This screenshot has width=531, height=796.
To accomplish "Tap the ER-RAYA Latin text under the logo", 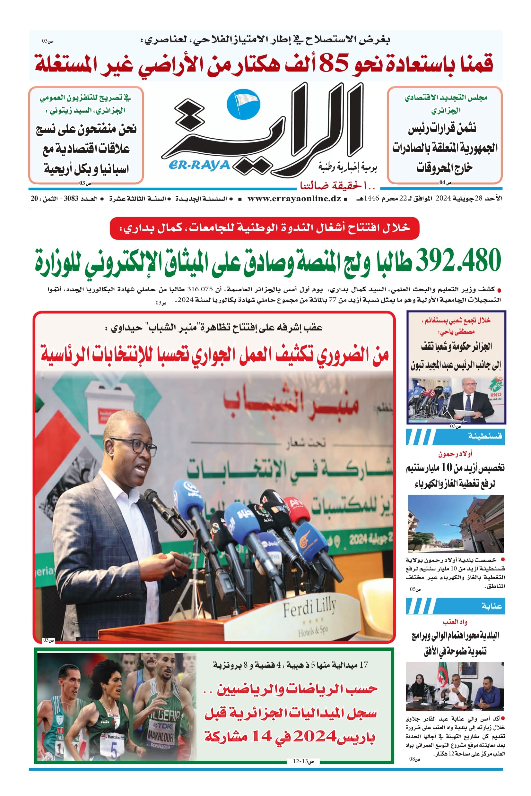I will click(x=199, y=165).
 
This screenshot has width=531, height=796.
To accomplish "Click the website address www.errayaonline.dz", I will click(x=294, y=199).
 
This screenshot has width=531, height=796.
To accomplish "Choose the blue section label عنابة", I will click(x=492, y=606).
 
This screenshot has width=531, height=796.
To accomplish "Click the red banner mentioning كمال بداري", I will click(x=265, y=228).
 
